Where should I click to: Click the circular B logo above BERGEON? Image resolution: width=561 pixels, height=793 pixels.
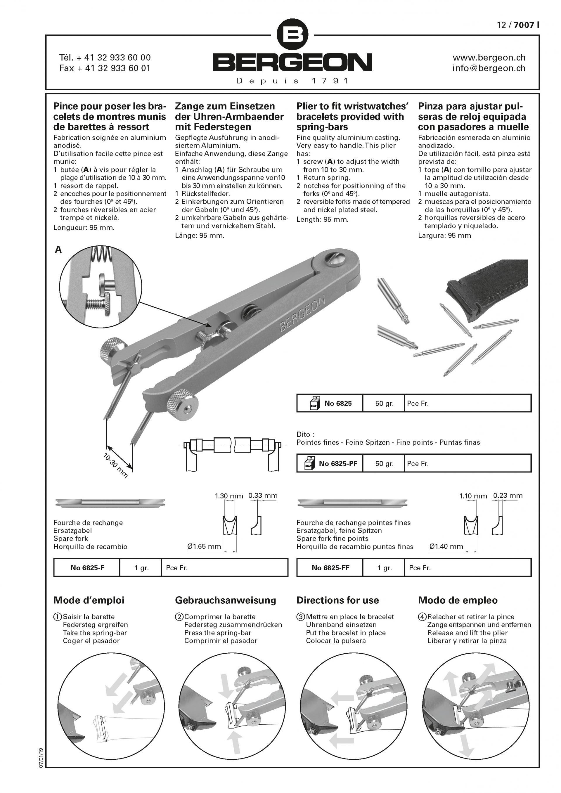(292, 34)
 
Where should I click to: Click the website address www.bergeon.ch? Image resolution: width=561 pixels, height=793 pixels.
(489, 57)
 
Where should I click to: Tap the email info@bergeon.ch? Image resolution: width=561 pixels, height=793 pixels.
(489, 68)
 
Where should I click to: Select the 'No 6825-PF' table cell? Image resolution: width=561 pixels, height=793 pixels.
(334, 463)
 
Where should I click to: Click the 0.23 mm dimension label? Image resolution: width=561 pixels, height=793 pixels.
(508, 496)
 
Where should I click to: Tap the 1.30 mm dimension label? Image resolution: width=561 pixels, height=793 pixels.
(229, 496)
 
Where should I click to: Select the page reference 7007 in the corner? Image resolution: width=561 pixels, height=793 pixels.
(524, 25)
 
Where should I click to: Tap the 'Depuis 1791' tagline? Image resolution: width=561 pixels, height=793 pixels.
(292, 81)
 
